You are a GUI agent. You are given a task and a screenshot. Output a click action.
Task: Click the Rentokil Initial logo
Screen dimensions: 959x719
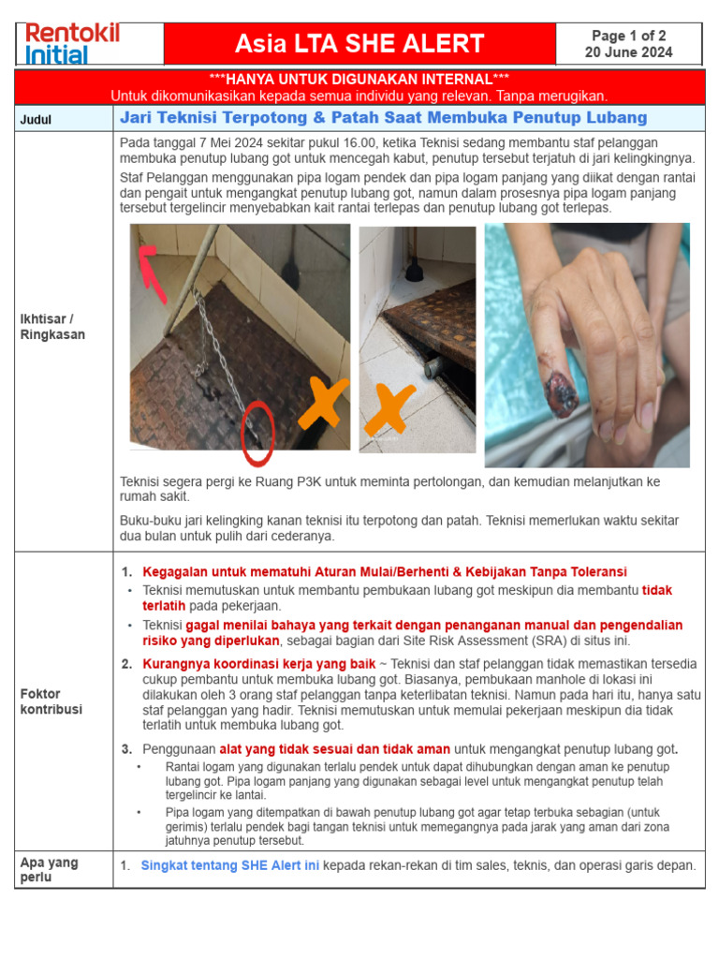coord(72,43)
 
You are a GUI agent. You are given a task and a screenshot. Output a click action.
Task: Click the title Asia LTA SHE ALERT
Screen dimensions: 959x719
coord(359,44)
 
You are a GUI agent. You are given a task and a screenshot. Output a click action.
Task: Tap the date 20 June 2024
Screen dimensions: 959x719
coord(628,52)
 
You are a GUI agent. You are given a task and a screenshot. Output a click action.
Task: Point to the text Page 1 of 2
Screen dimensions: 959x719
coord(628,36)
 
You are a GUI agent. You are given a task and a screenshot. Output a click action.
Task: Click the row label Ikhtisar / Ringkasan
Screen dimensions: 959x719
coord(52,327)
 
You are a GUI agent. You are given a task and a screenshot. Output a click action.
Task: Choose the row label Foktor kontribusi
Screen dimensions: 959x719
coord(52,701)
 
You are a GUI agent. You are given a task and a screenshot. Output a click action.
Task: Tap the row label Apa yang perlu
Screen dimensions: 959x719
coord(49,870)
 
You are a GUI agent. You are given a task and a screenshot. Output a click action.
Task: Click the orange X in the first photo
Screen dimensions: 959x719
coord(320,405)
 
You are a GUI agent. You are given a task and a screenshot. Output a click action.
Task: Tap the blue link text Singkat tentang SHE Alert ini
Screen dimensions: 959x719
coord(230,866)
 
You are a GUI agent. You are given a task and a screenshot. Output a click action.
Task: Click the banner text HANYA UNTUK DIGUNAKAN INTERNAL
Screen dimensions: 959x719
coord(359,78)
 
